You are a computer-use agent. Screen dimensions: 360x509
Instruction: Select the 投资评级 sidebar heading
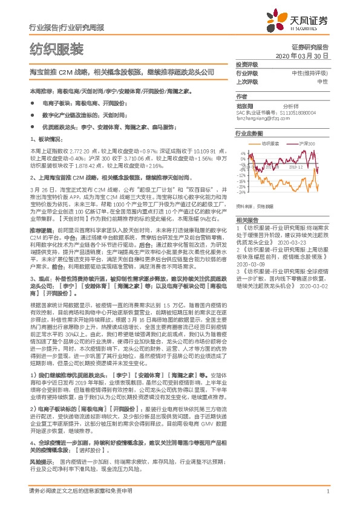246,65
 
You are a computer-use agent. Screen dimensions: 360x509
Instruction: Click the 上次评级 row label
246,81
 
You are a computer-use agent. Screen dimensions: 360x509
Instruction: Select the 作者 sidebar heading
241,97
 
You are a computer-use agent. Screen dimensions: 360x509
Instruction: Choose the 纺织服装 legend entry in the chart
270,144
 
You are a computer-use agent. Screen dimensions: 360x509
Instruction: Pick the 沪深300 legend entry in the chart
307,144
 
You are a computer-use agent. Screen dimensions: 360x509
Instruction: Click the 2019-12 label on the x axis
295,167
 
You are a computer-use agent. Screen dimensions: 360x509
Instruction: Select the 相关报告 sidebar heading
246,220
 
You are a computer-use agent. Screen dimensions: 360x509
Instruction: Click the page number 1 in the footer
327,492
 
